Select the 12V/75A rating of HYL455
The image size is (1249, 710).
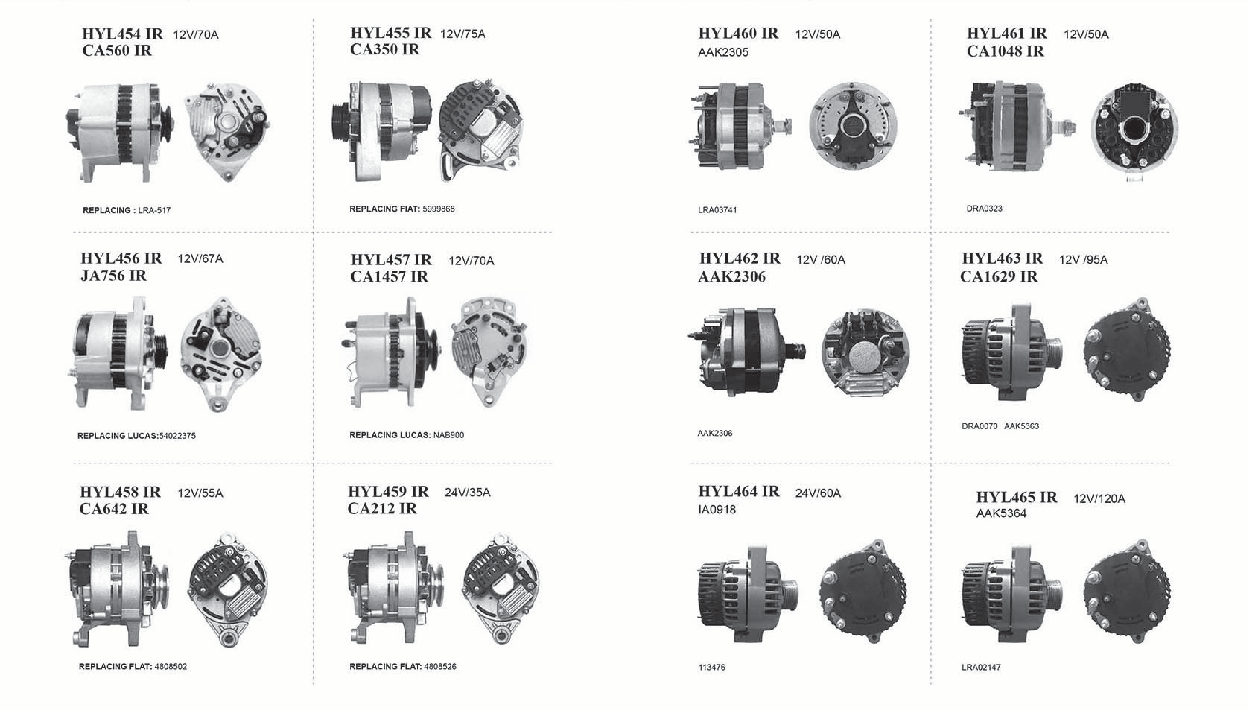463,34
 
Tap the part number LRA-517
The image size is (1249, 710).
154,211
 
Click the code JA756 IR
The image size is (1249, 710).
114,276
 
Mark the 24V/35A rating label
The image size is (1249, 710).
467,493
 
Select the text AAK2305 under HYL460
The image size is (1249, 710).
723,52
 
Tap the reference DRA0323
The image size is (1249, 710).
984,209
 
